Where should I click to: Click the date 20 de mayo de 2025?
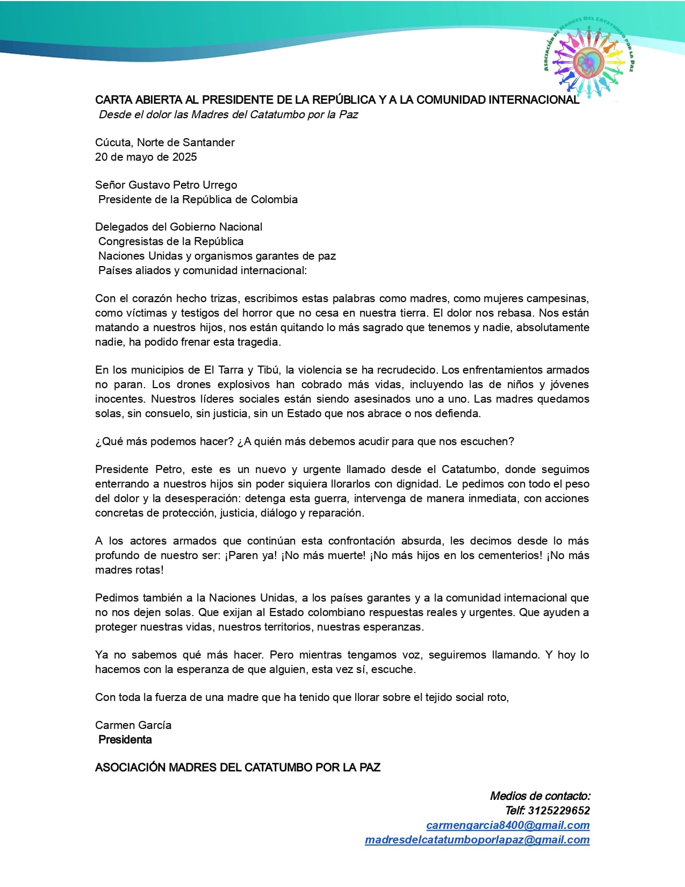(146, 157)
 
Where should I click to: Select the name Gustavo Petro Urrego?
(183, 185)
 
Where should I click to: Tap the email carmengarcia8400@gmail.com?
(508, 825)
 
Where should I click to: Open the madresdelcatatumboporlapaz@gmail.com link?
(477, 840)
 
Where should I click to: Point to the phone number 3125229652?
(559, 811)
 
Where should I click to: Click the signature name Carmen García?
(133, 725)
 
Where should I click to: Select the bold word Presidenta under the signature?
(125, 740)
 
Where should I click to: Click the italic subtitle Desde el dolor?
(228, 115)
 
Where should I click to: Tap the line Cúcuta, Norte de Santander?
(165, 142)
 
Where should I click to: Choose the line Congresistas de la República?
(171, 241)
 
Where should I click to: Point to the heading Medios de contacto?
(540, 796)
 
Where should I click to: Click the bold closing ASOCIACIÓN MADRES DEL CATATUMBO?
(237, 768)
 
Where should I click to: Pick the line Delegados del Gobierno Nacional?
(179, 227)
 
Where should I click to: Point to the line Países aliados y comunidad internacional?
(203, 270)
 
